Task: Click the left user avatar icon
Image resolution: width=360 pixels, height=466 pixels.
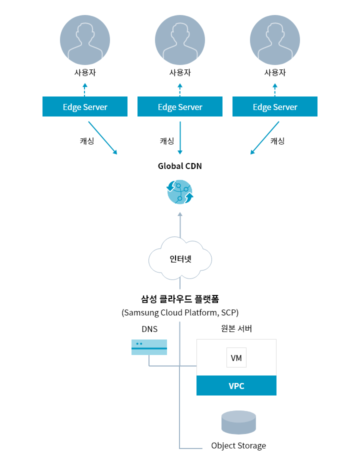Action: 85,40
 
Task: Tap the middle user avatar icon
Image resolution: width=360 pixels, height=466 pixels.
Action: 180,40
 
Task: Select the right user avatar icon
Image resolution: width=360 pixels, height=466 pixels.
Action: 275,40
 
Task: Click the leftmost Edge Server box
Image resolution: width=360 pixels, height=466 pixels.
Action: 85,106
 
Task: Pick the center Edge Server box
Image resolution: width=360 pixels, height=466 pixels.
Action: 180,106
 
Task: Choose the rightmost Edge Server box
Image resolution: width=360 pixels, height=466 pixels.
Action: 275,106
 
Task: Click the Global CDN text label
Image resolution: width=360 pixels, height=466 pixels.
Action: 180,166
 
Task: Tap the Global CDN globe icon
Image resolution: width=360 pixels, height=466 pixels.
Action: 180,192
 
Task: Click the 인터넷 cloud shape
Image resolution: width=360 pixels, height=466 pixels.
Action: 180,259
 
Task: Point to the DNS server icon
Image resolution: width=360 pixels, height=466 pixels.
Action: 149,347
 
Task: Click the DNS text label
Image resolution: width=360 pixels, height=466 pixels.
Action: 149,329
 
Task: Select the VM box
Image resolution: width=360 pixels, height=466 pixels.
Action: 236,357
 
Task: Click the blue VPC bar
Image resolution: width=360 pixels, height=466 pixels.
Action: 236,385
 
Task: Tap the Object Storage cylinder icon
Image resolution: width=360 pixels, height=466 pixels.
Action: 238,422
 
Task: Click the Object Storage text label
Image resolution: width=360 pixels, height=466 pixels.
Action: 238,445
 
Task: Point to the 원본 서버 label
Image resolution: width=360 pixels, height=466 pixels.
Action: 236,328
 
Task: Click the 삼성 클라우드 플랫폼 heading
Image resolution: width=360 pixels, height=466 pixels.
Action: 180,298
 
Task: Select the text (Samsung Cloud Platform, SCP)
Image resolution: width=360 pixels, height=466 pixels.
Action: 180,312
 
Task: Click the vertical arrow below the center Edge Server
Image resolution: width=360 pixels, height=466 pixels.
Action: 180,138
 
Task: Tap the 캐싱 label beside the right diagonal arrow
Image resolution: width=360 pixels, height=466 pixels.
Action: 277,141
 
